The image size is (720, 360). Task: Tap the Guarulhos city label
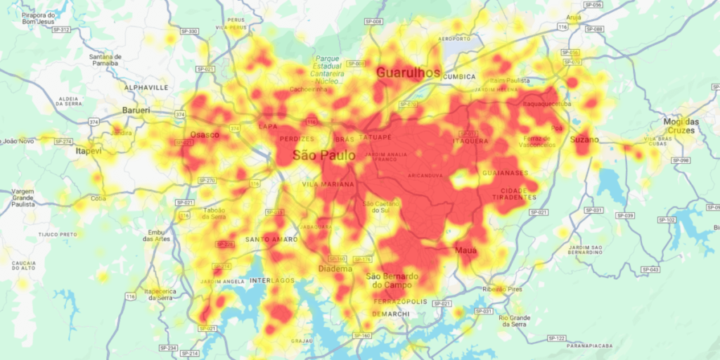pyautogui.click(x=408, y=72)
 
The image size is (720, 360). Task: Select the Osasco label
pyautogui.click(x=205, y=134)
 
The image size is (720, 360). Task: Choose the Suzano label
pyautogui.click(x=584, y=140)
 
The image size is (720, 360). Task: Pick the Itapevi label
pyautogui.click(x=89, y=150)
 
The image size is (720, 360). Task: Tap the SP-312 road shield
pyautogui.click(x=61, y=30)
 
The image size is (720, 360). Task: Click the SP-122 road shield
pyautogui.click(x=556, y=338)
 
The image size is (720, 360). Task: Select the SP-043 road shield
pyautogui.click(x=650, y=269)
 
